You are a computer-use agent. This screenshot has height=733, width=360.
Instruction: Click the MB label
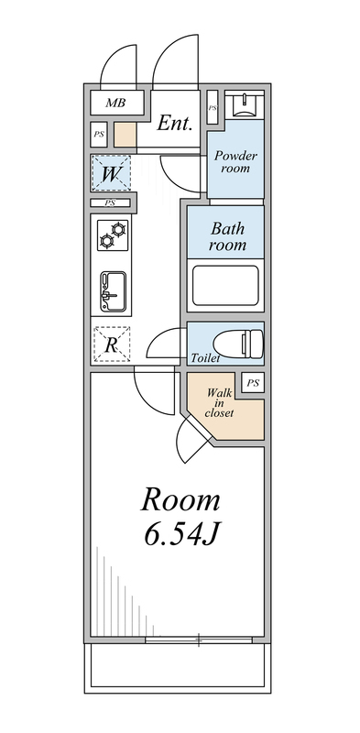tap(115, 103)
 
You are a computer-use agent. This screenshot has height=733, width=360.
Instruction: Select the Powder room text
tap(235, 162)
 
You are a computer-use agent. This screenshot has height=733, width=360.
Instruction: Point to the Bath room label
tap(226, 237)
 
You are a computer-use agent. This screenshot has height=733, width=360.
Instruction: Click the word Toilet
tap(205, 357)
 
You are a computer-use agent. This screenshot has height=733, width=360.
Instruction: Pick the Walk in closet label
tap(219, 402)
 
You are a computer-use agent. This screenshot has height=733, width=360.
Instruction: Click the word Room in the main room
tap(180, 500)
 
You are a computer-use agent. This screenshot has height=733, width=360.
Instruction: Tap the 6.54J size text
tap(180, 534)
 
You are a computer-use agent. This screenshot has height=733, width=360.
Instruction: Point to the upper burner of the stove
tap(118, 227)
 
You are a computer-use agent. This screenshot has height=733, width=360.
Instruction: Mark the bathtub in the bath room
tap(225, 286)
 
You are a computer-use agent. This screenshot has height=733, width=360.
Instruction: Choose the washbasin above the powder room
tap(244, 105)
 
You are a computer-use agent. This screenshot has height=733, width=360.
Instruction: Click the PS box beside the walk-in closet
tap(253, 382)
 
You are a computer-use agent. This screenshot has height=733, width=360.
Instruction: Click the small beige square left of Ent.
tap(125, 136)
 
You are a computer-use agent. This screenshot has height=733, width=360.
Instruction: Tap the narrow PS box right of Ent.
tap(213, 108)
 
